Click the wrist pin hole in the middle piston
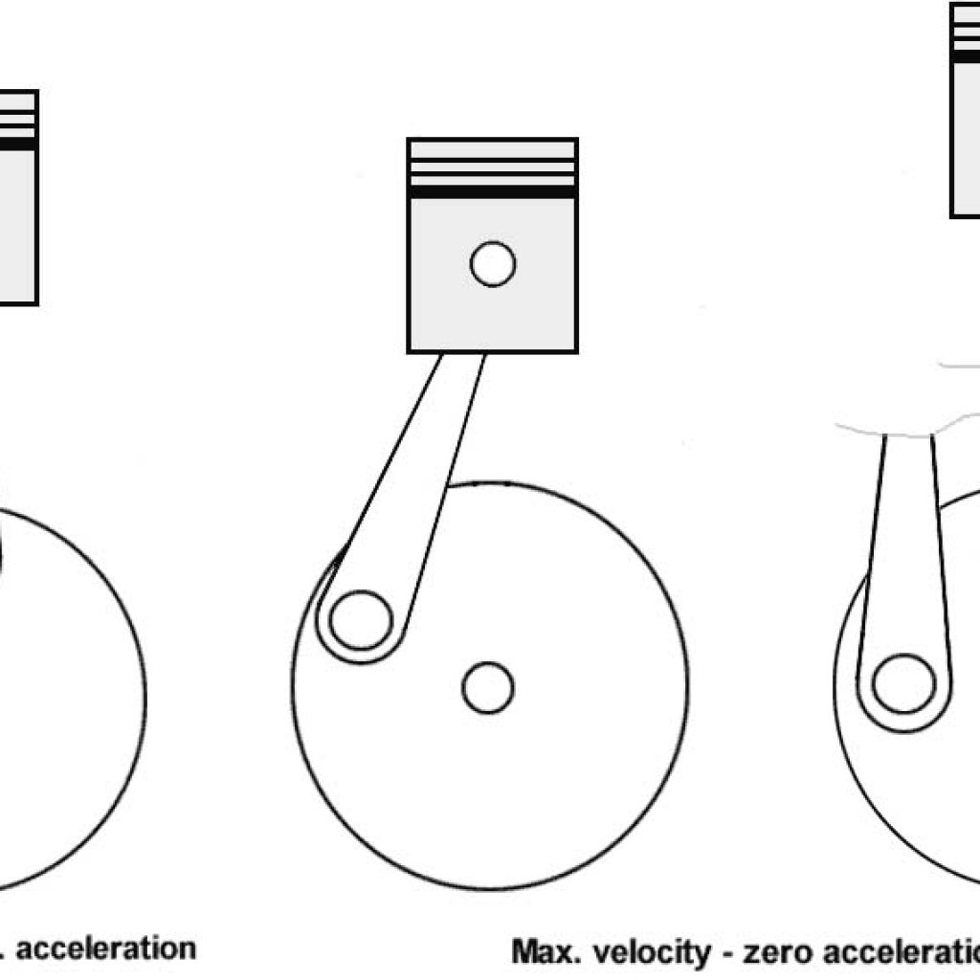pyautogui.click(x=493, y=264)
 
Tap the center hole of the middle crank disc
pyautogui.click(x=488, y=687)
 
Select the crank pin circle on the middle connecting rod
pyautogui.click(x=360, y=620)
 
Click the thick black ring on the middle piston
pyautogui.click(x=492, y=191)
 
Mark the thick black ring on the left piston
pyautogui.click(x=17, y=145)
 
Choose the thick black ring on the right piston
pyautogui.click(x=965, y=56)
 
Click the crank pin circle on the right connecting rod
pyautogui.click(x=903, y=683)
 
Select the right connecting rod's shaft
pyautogui.click(x=907, y=536)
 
